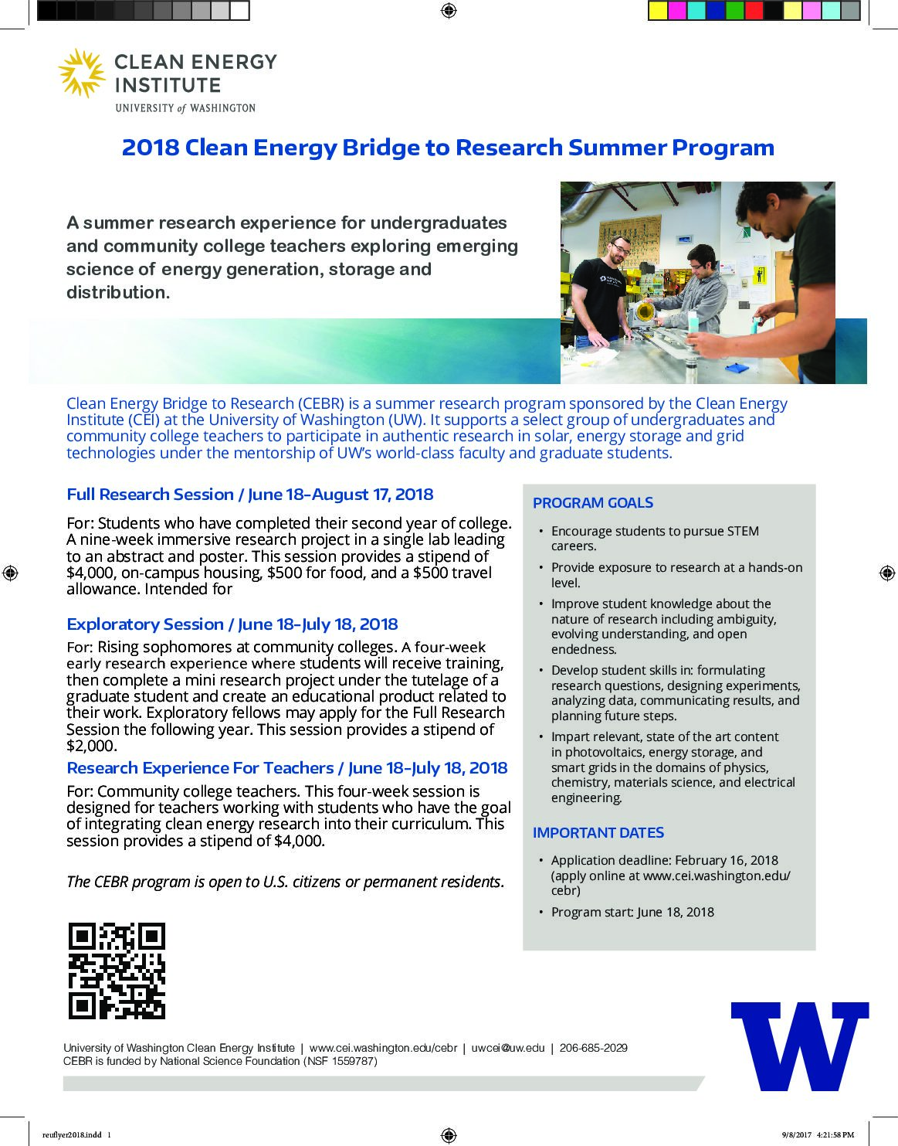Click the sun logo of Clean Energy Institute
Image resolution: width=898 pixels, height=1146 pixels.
pyautogui.click(x=82, y=73)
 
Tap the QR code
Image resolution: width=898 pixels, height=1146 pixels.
pyautogui.click(x=117, y=971)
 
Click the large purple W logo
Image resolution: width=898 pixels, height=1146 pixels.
pyautogui.click(x=800, y=1046)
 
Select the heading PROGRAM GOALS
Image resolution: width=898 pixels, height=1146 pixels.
pyautogui.click(x=592, y=503)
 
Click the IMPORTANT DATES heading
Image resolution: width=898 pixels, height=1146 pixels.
pyautogui.click(x=598, y=832)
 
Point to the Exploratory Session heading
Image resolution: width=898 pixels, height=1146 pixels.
pyautogui.click(x=232, y=624)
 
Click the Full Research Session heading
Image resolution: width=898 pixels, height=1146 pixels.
pyautogui.click(x=249, y=495)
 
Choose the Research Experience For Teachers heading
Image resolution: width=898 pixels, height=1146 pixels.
pyautogui.click(x=286, y=768)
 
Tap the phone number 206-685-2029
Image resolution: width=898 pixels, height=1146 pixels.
pyautogui.click(x=593, y=1048)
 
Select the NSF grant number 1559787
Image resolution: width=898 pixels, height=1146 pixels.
pyautogui.click(x=353, y=1061)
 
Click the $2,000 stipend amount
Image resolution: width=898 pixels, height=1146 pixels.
pyautogui.click(x=91, y=746)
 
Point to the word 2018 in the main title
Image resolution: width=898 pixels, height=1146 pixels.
pyautogui.click(x=150, y=148)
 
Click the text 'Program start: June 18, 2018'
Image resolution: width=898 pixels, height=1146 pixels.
pyautogui.click(x=632, y=912)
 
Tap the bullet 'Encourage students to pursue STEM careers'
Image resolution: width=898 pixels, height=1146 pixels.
pyautogui.click(x=654, y=539)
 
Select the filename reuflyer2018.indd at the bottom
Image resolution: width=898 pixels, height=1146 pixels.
pyautogui.click(x=71, y=1135)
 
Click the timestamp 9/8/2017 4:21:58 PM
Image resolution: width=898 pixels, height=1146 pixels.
pyautogui.click(x=818, y=1135)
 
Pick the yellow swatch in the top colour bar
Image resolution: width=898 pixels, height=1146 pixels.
pyautogui.click(x=658, y=11)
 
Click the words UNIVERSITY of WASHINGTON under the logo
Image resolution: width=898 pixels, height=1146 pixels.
pyautogui.click(x=185, y=108)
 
